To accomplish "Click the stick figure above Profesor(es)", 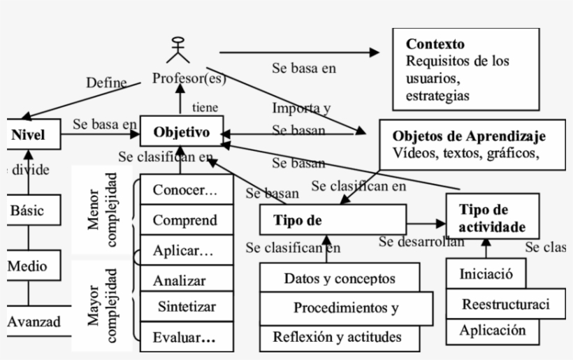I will pos(179,49).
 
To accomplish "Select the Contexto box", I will pos(465,69).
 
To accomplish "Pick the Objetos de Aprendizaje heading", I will pos(469,136).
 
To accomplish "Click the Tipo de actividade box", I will pos(492,219).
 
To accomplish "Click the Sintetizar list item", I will pos(186,306).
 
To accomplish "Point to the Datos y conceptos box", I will pos(340,278).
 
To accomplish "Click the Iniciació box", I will pos(486,273).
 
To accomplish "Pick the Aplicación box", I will pos(492,331).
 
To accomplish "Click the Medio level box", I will pos(28,266).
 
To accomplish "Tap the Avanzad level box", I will pos(34,322).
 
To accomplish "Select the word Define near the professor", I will pos(106,82).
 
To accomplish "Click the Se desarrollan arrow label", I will pos(421,242).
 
